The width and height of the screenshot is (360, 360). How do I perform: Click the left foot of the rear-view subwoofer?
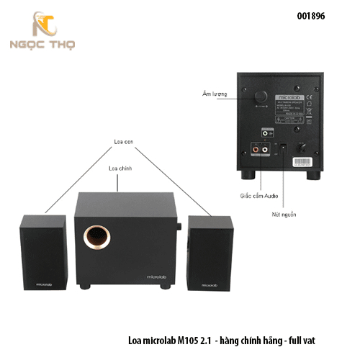[252, 174]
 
